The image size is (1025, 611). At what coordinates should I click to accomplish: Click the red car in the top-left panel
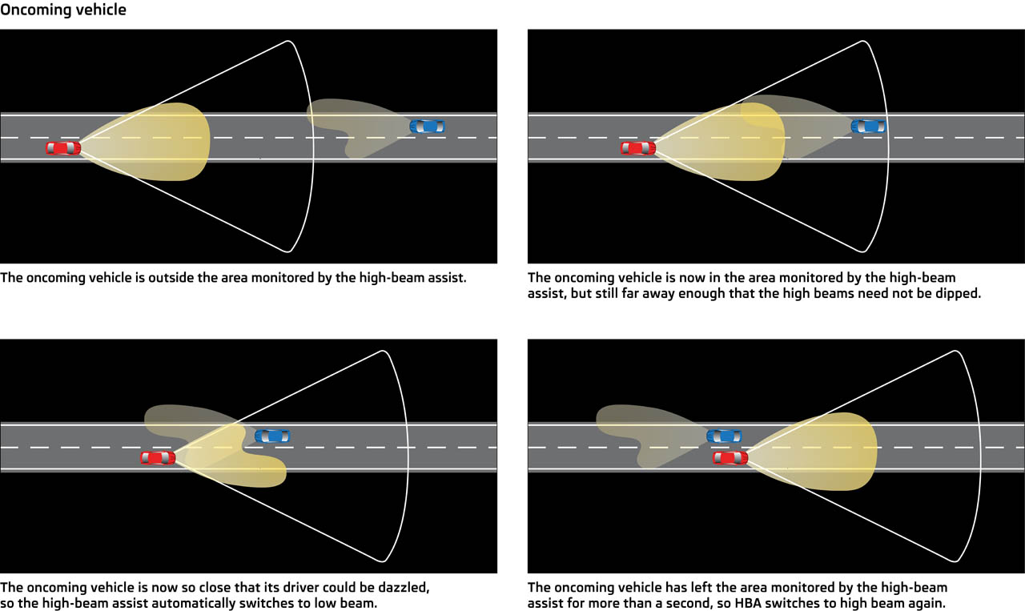pyautogui.click(x=62, y=148)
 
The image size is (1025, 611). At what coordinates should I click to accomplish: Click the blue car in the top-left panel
pyautogui.click(x=427, y=127)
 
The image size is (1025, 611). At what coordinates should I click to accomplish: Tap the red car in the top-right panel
pyautogui.click(x=637, y=148)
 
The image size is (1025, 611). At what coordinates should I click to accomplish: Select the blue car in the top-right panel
pyautogui.click(x=868, y=127)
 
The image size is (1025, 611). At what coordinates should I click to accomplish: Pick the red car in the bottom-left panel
pyautogui.click(x=158, y=457)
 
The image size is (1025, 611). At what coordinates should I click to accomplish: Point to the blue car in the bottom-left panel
pyautogui.click(x=272, y=436)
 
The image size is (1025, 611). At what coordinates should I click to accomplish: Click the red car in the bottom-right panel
pyautogui.click(x=730, y=457)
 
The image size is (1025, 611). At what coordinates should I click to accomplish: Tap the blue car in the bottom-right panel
pyautogui.click(x=724, y=436)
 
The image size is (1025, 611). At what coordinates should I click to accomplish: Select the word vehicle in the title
pyautogui.click(x=99, y=11)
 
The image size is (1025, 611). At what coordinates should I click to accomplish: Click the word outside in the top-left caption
pyautogui.click(x=169, y=279)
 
